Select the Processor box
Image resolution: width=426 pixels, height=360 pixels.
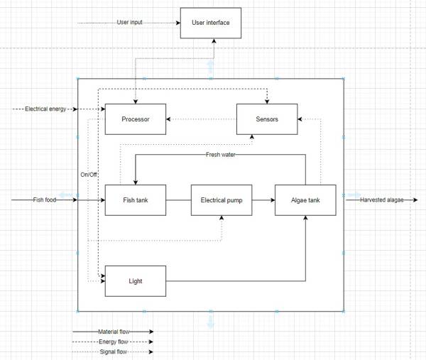click(135, 119)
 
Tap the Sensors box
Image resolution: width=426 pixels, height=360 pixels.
click(266, 119)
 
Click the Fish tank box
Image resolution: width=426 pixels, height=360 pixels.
click(135, 200)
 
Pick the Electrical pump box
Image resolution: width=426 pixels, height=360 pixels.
click(222, 200)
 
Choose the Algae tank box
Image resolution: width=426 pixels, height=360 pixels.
click(305, 200)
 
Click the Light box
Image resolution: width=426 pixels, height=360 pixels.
click(135, 281)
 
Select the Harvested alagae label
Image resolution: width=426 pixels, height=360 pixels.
click(382, 200)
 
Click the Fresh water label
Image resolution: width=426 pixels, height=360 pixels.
click(222, 154)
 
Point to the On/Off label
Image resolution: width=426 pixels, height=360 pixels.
click(89, 174)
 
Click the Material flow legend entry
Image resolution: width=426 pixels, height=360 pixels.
click(112, 331)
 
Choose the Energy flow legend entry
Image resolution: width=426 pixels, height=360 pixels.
click(112, 342)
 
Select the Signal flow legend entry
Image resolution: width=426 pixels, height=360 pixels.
click(112, 351)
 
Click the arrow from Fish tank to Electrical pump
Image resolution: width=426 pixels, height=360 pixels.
click(178, 200)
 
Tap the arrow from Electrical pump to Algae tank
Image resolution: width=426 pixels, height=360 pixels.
click(263, 200)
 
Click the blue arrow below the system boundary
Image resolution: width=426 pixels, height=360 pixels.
click(210, 321)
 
